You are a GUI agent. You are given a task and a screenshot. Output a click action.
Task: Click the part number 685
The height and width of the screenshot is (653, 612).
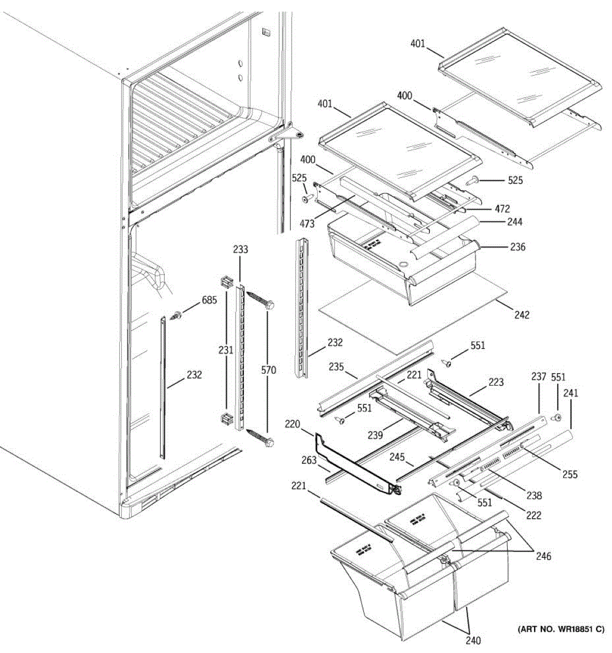click(x=209, y=300)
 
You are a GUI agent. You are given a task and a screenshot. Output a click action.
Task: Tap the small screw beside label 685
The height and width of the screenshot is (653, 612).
click(x=177, y=315)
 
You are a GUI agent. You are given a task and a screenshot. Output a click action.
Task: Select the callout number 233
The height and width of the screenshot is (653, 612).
click(x=240, y=250)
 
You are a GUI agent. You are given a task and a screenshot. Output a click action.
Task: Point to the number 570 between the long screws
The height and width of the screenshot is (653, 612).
click(x=268, y=371)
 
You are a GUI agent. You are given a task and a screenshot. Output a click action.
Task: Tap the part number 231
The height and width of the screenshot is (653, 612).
click(x=226, y=350)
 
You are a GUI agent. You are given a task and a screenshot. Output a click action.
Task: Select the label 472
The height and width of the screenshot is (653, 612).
click(x=502, y=208)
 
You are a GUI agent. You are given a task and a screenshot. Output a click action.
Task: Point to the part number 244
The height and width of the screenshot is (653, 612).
click(x=515, y=221)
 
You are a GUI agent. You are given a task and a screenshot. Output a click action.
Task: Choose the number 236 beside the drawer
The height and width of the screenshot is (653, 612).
click(x=518, y=247)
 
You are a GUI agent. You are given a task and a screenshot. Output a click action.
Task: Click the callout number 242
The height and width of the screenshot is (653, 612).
click(x=521, y=315)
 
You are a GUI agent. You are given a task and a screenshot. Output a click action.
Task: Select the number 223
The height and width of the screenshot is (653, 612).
click(x=496, y=383)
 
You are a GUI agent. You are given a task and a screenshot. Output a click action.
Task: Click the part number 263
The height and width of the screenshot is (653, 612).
click(x=308, y=461)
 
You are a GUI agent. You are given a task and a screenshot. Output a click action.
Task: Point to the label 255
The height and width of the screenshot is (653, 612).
click(x=570, y=475)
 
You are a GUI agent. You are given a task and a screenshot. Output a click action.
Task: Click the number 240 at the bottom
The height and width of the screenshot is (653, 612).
click(x=473, y=640)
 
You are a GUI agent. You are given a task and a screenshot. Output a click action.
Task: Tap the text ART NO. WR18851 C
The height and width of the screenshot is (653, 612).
click(x=560, y=630)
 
